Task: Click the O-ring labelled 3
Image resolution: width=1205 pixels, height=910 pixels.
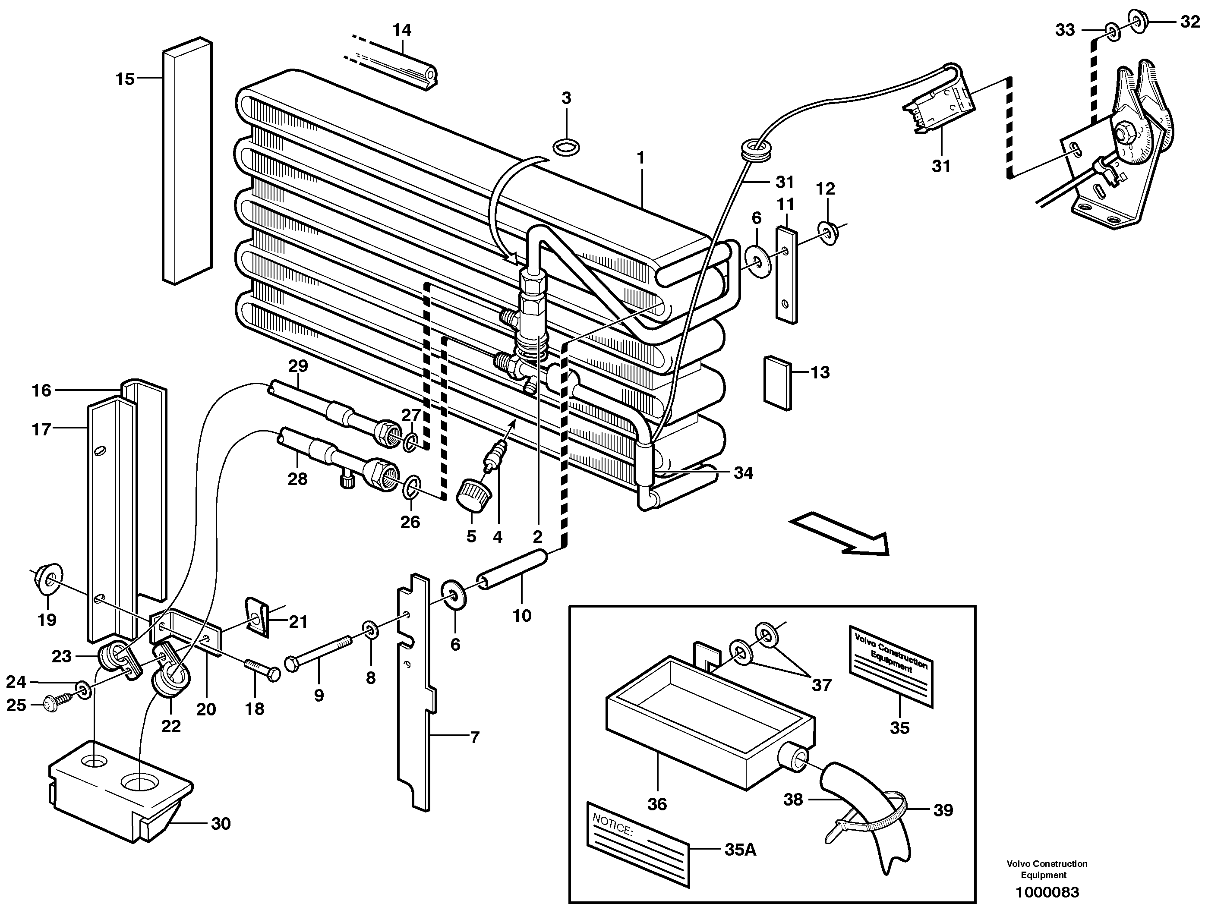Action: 566,147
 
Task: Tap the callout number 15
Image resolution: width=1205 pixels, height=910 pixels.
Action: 125,79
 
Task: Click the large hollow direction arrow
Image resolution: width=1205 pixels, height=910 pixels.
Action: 839,534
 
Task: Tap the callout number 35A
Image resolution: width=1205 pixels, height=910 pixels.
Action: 740,849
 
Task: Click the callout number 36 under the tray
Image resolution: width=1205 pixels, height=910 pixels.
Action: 657,804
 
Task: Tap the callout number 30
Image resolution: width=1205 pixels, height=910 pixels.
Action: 221,824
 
